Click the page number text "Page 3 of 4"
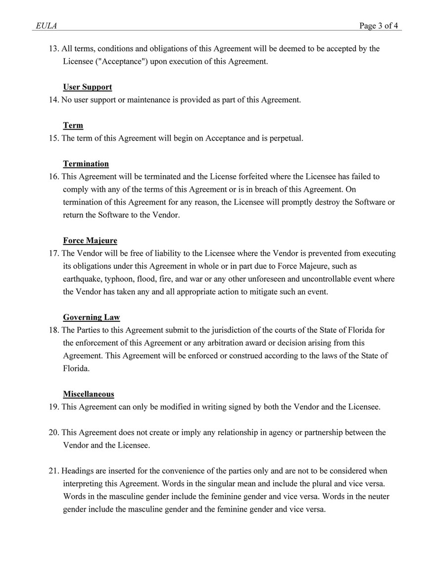point(379,26)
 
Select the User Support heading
point(88,87)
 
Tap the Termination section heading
point(86,164)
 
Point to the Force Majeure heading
point(90,241)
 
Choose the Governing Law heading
point(91,317)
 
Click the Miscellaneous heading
point(89,394)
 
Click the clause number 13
point(53,49)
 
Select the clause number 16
point(53,177)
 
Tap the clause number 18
point(53,330)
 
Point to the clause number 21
point(53,471)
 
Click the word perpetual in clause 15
point(286,139)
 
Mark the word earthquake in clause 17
point(82,279)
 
